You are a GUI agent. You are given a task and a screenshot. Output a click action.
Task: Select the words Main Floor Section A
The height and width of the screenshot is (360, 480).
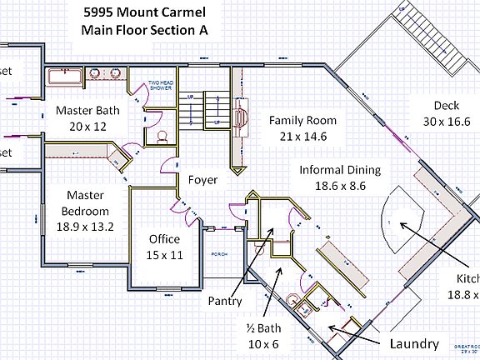[x=144, y=31]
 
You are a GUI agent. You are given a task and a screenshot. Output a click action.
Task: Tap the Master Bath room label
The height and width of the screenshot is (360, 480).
[x=88, y=110]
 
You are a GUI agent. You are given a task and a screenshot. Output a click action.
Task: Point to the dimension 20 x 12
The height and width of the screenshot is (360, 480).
[x=88, y=126]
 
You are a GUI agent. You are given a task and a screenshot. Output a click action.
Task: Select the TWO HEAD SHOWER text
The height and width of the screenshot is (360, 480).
[x=160, y=86]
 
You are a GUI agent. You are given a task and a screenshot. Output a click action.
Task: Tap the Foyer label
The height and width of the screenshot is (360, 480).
[x=203, y=179]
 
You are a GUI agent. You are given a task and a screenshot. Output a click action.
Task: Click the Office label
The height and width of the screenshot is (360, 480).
[x=164, y=239]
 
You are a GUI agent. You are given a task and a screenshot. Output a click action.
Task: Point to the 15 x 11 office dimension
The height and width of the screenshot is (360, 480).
[x=164, y=254]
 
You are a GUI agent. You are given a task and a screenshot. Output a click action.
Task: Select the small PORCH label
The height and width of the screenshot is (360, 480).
[x=219, y=254]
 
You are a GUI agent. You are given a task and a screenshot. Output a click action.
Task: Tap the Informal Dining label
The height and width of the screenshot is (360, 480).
[x=339, y=169]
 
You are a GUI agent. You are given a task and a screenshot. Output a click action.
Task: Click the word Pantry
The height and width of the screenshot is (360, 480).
[x=225, y=301]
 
